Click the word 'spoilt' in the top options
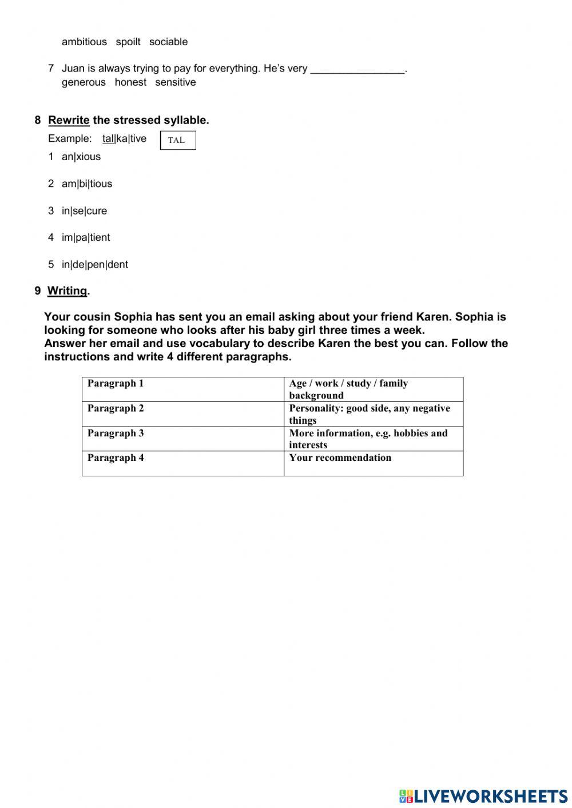128,42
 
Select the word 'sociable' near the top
168,42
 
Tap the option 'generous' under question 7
84,82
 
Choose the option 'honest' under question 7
130,82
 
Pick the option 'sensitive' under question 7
175,82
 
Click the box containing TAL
178,141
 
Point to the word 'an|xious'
81,157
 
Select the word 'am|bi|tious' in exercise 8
87,184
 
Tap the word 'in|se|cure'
84,210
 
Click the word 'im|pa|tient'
86,237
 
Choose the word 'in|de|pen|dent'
95,264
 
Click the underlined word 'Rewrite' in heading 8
69,120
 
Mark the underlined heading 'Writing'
67,290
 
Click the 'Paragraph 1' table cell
183,389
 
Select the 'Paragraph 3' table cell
183,439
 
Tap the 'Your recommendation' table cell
373,463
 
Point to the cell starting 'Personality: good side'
373,414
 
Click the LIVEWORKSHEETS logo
483,795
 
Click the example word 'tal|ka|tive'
124,138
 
